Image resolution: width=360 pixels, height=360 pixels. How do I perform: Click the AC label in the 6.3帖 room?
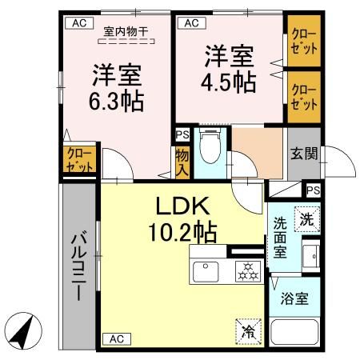pos(78,23)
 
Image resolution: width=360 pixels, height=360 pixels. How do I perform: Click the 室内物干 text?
pos(126,31)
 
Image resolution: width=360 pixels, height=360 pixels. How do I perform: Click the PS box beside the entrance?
pos(313,190)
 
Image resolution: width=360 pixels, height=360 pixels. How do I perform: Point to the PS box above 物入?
pos(182,135)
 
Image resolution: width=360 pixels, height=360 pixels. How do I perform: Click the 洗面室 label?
pos(281,238)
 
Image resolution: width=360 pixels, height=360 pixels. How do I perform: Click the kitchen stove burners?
pos(246,272)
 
